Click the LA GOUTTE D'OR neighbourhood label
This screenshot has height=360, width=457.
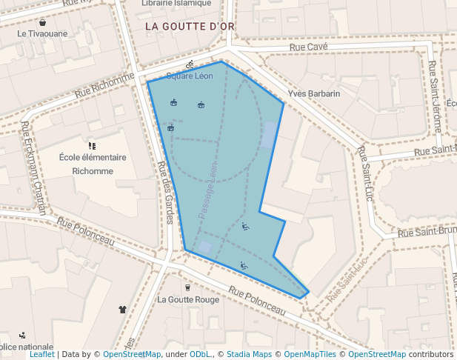pos(190,26)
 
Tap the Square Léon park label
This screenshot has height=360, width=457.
pos(190,76)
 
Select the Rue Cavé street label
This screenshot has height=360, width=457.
pos(307,47)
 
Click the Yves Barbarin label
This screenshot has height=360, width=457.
pos(313,93)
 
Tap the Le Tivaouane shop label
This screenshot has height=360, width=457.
pos(42,33)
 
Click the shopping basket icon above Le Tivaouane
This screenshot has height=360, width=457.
pos(42,22)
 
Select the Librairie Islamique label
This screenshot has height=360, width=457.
pos(176,3)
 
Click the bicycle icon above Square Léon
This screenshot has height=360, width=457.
pos(190,64)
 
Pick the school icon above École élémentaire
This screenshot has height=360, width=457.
pos(92,145)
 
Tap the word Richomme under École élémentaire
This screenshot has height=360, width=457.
pos(93,171)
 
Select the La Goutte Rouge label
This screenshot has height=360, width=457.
pos(188,300)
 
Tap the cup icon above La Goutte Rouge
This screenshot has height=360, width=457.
pos(187,287)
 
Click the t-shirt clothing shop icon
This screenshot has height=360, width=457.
pos(122,309)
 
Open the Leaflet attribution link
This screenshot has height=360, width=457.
pos(41,355)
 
